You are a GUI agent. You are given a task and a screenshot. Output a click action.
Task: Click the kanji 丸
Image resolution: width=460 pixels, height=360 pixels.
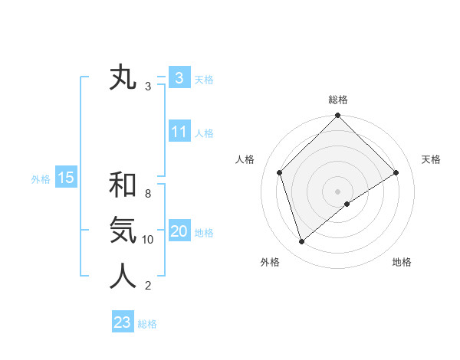tap(123, 78)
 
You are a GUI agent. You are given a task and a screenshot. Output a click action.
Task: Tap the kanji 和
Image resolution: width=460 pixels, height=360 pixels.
tap(123, 185)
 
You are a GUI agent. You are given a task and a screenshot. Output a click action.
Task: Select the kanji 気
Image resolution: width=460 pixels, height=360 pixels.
tap(123, 231)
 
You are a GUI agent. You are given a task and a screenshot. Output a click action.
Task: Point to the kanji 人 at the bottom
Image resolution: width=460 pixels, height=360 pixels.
tap(123, 277)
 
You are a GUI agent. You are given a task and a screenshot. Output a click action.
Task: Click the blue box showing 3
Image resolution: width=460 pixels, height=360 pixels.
tap(179, 78)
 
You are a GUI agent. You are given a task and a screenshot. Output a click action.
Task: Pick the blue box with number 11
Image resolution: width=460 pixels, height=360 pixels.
tap(179, 132)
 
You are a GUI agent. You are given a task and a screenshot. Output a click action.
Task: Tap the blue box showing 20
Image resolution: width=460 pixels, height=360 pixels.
tap(179, 231)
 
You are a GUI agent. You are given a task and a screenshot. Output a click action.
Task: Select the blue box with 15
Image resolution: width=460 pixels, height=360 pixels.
tap(66, 178)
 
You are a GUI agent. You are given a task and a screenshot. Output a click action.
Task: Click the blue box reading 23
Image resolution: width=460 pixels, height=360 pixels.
tap(123, 322)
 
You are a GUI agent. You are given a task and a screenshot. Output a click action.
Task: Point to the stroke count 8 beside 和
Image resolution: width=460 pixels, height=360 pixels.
tap(148, 193)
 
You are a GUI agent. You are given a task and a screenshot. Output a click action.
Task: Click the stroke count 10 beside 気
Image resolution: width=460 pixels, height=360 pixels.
tap(148, 239)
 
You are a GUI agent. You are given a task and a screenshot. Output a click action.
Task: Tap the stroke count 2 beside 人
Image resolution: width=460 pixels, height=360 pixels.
tap(148, 286)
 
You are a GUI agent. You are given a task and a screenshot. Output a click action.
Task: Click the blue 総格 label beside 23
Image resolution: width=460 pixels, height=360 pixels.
tap(147, 324)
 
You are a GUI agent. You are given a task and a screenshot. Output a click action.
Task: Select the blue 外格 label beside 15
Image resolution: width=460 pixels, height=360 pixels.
tap(41, 179)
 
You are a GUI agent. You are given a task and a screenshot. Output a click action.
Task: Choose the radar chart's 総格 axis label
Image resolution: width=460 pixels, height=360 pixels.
tap(338, 100)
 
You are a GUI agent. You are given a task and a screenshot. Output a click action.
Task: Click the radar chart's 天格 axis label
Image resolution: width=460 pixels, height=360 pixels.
tap(432, 159)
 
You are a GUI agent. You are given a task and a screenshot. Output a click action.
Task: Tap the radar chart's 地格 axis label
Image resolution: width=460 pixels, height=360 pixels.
tap(402, 262)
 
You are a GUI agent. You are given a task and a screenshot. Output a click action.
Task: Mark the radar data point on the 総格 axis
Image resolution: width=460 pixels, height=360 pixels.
tap(338, 116)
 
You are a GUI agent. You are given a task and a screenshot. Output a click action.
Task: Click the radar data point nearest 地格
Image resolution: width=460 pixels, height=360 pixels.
tap(347, 204)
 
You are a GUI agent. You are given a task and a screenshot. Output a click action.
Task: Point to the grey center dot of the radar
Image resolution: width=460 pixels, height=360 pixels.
tap(338, 191)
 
